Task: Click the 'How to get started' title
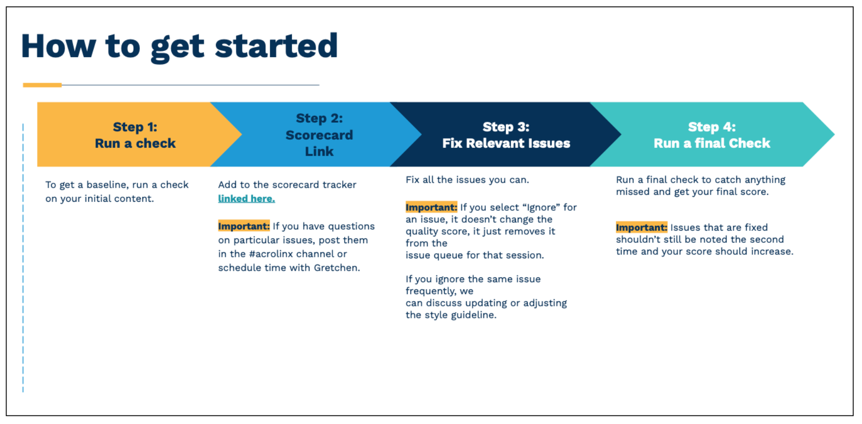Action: pos(179,46)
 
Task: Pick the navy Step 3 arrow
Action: pos(506,135)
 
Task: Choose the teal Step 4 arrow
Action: pos(711,135)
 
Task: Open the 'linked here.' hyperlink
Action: pos(246,199)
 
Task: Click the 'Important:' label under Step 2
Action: pos(244,226)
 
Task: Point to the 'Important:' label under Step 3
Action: pos(431,207)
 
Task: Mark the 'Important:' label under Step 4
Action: pos(642,227)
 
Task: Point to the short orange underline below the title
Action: pos(42,85)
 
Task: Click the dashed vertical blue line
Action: pos(23,258)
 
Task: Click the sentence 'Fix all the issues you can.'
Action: pos(467,180)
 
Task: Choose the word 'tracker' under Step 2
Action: pos(339,185)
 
